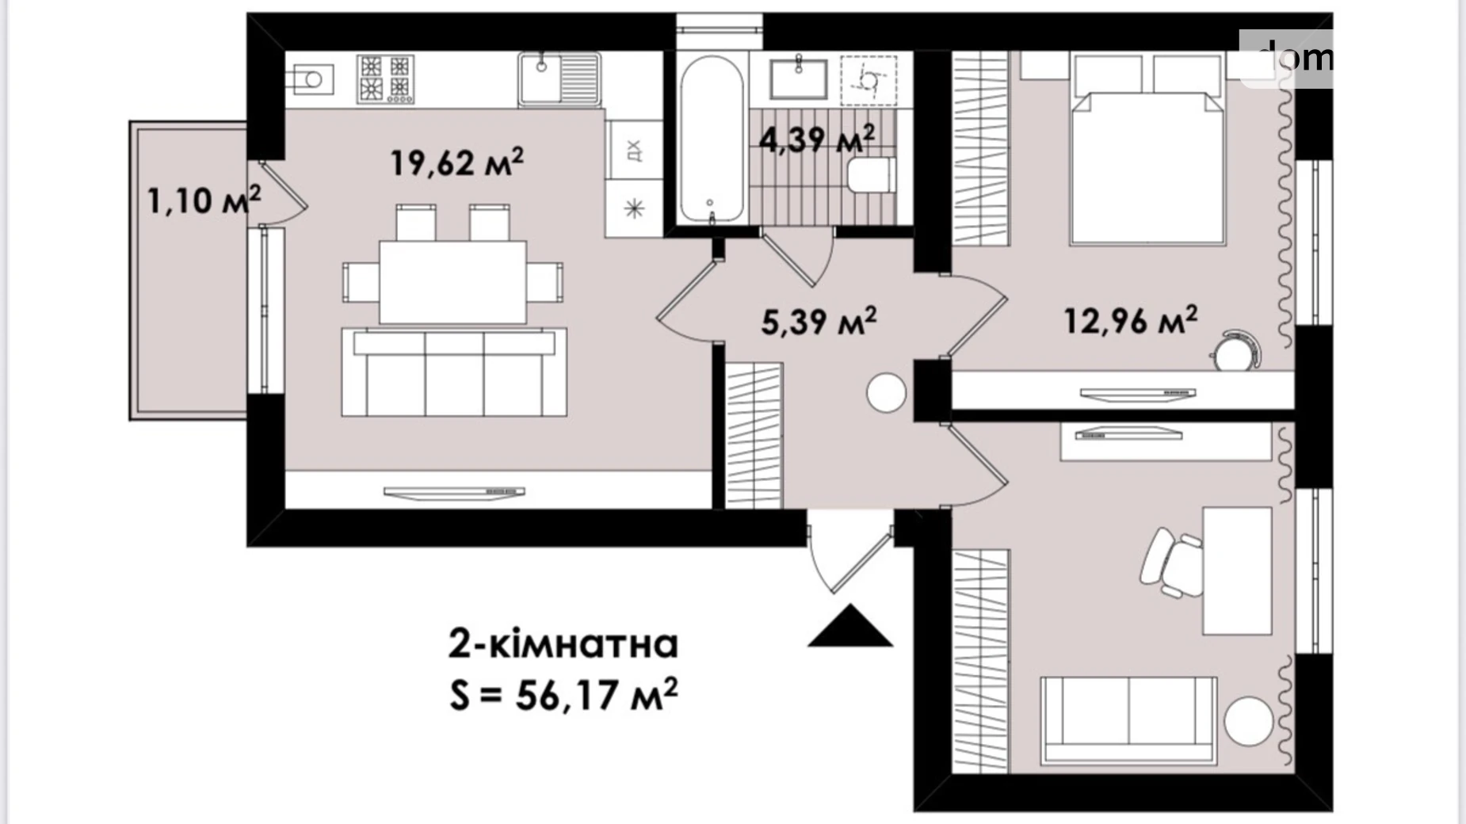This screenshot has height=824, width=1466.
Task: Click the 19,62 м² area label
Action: (x=457, y=162)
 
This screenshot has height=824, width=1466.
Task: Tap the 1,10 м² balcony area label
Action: (x=204, y=200)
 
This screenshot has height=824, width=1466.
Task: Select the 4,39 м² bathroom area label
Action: (x=817, y=139)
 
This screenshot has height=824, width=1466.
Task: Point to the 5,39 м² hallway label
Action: (x=819, y=322)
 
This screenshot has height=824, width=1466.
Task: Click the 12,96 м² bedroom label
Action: (x=1130, y=321)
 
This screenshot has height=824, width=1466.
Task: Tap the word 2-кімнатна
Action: (x=563, y=644)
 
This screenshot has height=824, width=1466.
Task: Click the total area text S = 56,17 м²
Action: (x=563, y=695)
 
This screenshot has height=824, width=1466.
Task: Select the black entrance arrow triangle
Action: (x=850, y=625)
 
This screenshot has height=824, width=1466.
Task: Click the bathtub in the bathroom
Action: (x=712, y=139)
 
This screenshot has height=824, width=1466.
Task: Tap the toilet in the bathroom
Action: (x=871, y=175)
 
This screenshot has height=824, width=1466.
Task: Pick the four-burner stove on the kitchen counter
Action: (x=385, y=78)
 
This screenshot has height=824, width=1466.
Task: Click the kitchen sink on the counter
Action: (x=559, y=78)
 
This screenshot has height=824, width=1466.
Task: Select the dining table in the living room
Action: (x=452, y=282)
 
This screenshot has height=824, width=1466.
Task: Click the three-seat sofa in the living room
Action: (x=454, y=372)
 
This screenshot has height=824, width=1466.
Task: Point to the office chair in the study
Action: (x=1170, y=562)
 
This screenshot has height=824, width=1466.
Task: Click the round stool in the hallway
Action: (x=886, y=392)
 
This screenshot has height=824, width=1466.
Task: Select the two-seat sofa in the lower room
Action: (x=1128, y=720)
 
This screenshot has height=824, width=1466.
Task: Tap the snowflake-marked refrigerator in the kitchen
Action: (x=634, y=208)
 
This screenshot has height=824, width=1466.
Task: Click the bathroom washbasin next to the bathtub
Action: (x=799, y=78)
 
